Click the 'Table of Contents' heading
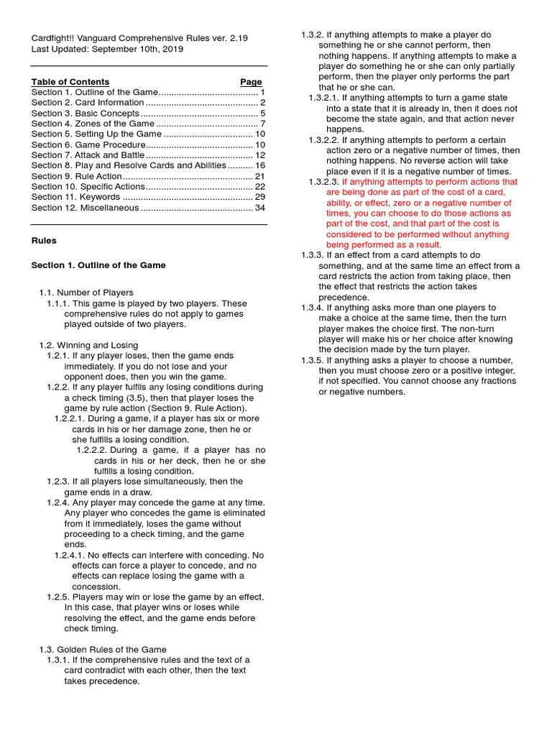pos(70,82)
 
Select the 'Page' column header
pos(251,82)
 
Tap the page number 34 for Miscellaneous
pos(260,208)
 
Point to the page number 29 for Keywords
pos(260,197)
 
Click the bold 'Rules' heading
pos(44,241)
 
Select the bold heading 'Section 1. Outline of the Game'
pos(98,265)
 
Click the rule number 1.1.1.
pos(59,303)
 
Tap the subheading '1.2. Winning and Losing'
pos(88,345)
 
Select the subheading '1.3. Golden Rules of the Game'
pos(102,649)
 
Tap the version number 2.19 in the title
pos(237,39)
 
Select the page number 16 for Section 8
pos(260,165)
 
